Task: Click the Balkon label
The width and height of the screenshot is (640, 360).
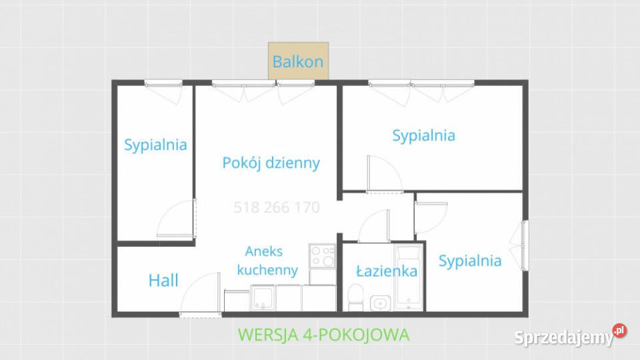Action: pos(298,62)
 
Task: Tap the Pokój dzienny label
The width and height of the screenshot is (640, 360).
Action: pos(271,163)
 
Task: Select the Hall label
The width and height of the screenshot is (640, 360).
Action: pos(163,281)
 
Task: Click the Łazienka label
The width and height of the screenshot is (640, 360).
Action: pos(387,271)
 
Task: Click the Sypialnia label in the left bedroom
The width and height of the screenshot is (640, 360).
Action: pos(155,145)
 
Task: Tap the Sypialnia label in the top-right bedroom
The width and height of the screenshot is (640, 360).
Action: pos(424,135)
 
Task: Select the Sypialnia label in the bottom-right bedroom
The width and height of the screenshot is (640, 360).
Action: pos(470,261)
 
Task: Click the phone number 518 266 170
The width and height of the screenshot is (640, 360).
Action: pos(277,208)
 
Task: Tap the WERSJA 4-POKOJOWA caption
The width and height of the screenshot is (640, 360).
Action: pos(323,335)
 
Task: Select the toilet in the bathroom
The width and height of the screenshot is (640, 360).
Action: pos(356,297)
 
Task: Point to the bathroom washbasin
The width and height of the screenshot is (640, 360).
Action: pos(379,303)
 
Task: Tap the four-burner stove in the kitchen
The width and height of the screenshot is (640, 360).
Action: pos(323,255)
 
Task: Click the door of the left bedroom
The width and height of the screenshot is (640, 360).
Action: pos(177,219)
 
